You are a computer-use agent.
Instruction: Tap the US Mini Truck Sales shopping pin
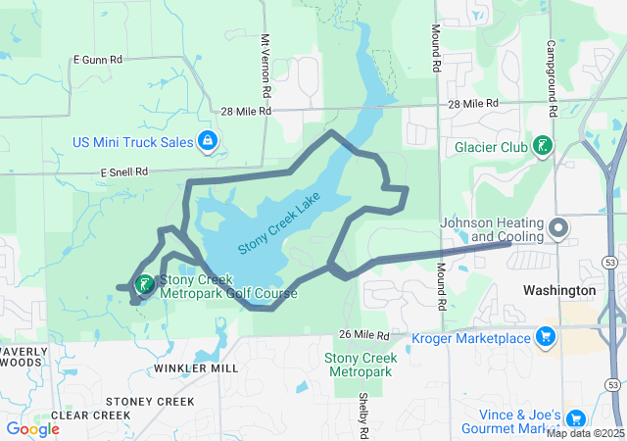(207, 143)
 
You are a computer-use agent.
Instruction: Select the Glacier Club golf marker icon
(541, 147)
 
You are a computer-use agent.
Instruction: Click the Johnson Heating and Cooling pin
(558, 229)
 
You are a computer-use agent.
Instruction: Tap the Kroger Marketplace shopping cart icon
(546, 339)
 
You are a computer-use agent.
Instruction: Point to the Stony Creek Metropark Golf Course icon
(144, 285)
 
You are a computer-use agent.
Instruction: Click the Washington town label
(559, 291)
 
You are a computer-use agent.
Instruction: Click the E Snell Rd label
(123, 171)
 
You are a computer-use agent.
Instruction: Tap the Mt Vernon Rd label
(265, 58)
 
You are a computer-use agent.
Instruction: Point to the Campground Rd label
(552, 67)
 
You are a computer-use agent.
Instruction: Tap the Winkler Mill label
(196, 368)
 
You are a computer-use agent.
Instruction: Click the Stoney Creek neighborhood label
(151, 402)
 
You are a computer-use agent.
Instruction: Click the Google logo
(32, 428)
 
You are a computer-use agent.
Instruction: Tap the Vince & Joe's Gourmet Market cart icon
(575, 418)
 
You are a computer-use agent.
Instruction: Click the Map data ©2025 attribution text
(585, 433)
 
